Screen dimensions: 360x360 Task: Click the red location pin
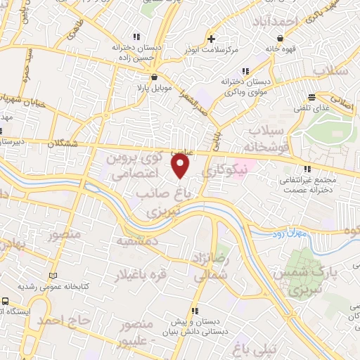[x=181, y=166]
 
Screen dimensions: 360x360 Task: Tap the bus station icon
[x=6, y=300]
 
